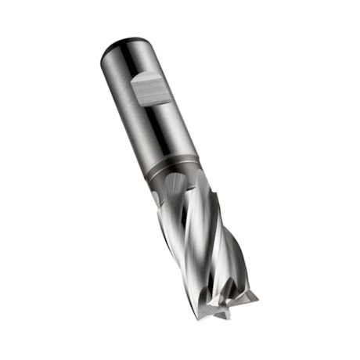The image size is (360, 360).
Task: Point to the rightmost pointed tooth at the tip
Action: tap(252, 295)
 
